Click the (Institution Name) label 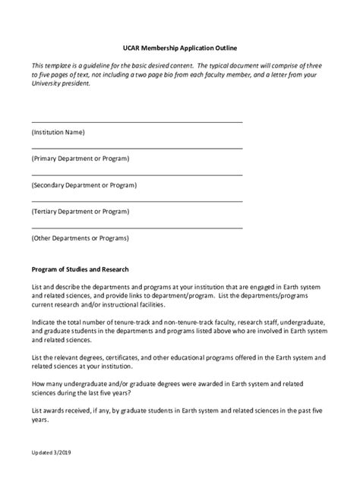58,132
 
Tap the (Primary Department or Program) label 81,159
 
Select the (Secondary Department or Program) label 84,185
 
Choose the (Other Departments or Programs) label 81,237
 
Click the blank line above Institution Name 137,121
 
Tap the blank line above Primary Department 137,148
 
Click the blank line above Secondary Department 137,175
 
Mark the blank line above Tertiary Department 137,201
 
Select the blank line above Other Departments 137,227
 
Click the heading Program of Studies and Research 80,269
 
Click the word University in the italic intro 47,84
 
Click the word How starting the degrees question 39,383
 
